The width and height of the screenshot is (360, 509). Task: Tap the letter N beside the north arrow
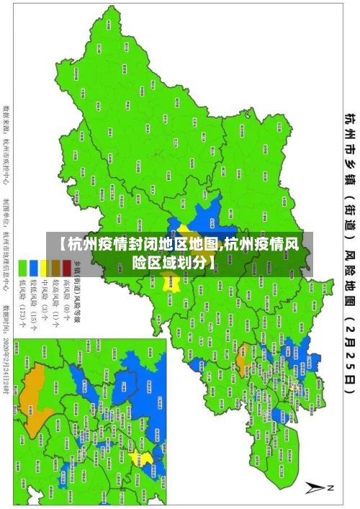click(331, 489)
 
